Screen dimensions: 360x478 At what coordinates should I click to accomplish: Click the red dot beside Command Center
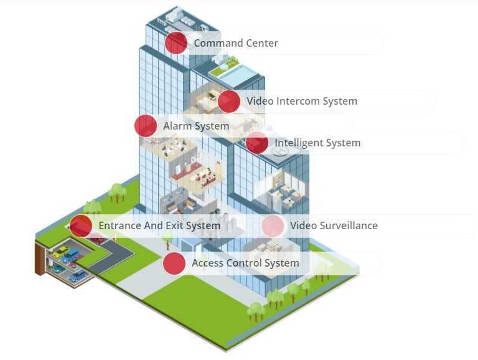[176, 43]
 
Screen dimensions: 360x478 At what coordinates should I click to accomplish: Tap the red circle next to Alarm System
[146, 126]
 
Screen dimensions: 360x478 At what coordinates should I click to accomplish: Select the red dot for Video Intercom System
[229, 101]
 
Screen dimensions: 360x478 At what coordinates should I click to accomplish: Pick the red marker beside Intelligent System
[256, 143]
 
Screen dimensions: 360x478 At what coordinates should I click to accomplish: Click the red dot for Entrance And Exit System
[81, 225]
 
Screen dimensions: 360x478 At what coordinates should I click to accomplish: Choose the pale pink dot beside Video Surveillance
[273, 225]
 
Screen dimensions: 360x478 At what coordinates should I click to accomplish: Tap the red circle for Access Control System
[174, 263]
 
